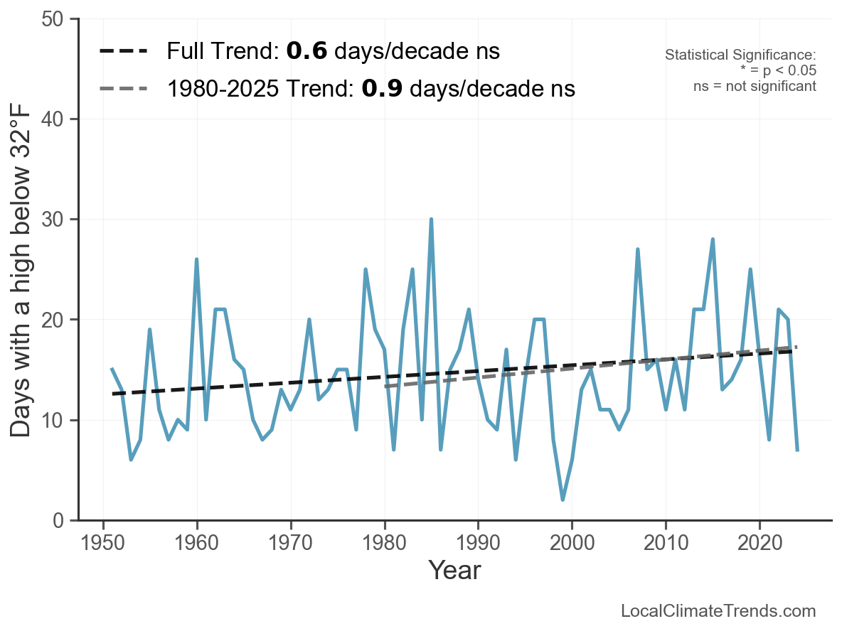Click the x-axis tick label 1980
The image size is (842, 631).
[384, 543]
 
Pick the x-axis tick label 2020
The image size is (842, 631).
[760, 543]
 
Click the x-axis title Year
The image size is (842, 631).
[454, 571]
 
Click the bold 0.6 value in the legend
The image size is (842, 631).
[307, 51]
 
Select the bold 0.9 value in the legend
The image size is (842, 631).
[382, 89]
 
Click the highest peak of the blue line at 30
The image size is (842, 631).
[431, 220]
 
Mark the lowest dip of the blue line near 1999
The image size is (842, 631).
[563, 500]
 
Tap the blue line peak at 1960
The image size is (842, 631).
[197, 259]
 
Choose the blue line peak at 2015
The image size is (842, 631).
[713, 239]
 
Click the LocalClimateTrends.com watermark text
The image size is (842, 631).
[718, 611]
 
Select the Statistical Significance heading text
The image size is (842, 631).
[740, 55]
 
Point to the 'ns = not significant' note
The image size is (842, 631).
[755, 86]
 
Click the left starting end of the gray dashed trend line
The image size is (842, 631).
[385, 386]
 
